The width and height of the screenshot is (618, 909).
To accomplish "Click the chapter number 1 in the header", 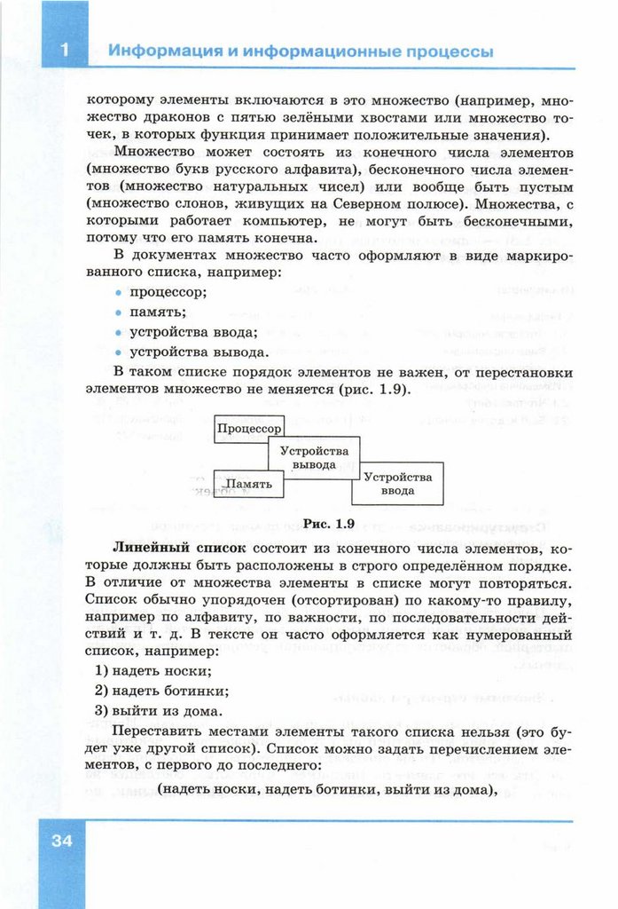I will point(65,51).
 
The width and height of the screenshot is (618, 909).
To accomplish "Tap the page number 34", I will point(61,841).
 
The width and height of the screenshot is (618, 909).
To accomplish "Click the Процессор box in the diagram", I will point(247,429).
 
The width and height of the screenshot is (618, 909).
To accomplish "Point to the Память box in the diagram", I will point(247,484).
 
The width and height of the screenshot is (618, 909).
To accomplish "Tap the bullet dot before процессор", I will point(119,292).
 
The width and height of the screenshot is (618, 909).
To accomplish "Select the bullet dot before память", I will point(119,312).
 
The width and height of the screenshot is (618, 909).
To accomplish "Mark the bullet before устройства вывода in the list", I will point(119,352).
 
